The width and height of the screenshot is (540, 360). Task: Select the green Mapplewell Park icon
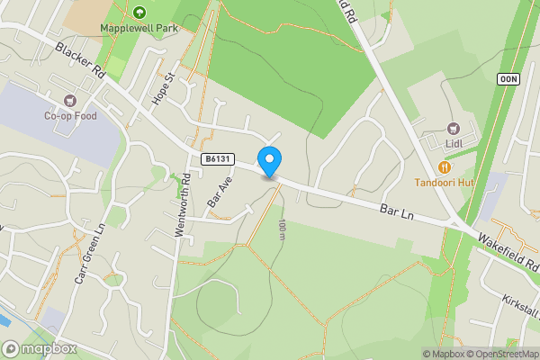pyautogui.click(x=139, y=12)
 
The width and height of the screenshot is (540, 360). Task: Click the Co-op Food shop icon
pyautogui.click(x=70, y=99)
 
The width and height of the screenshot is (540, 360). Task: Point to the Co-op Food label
pyautogui.click(x=69, y=115)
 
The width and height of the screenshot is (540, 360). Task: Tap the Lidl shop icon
pyautogui.click(x=453, y=127)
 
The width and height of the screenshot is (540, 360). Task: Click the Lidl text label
pyautogui.click(x=453, y=142)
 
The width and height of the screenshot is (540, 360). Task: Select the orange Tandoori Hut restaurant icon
pyautogui.click(x=444, y=166)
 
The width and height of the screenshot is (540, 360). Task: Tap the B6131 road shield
pyautogui.click(x=217, y=159)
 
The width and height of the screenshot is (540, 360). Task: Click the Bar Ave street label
pyautogui.click(x=214, y=191)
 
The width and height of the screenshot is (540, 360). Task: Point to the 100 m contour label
pyautogui.click(x=282, y=229)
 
